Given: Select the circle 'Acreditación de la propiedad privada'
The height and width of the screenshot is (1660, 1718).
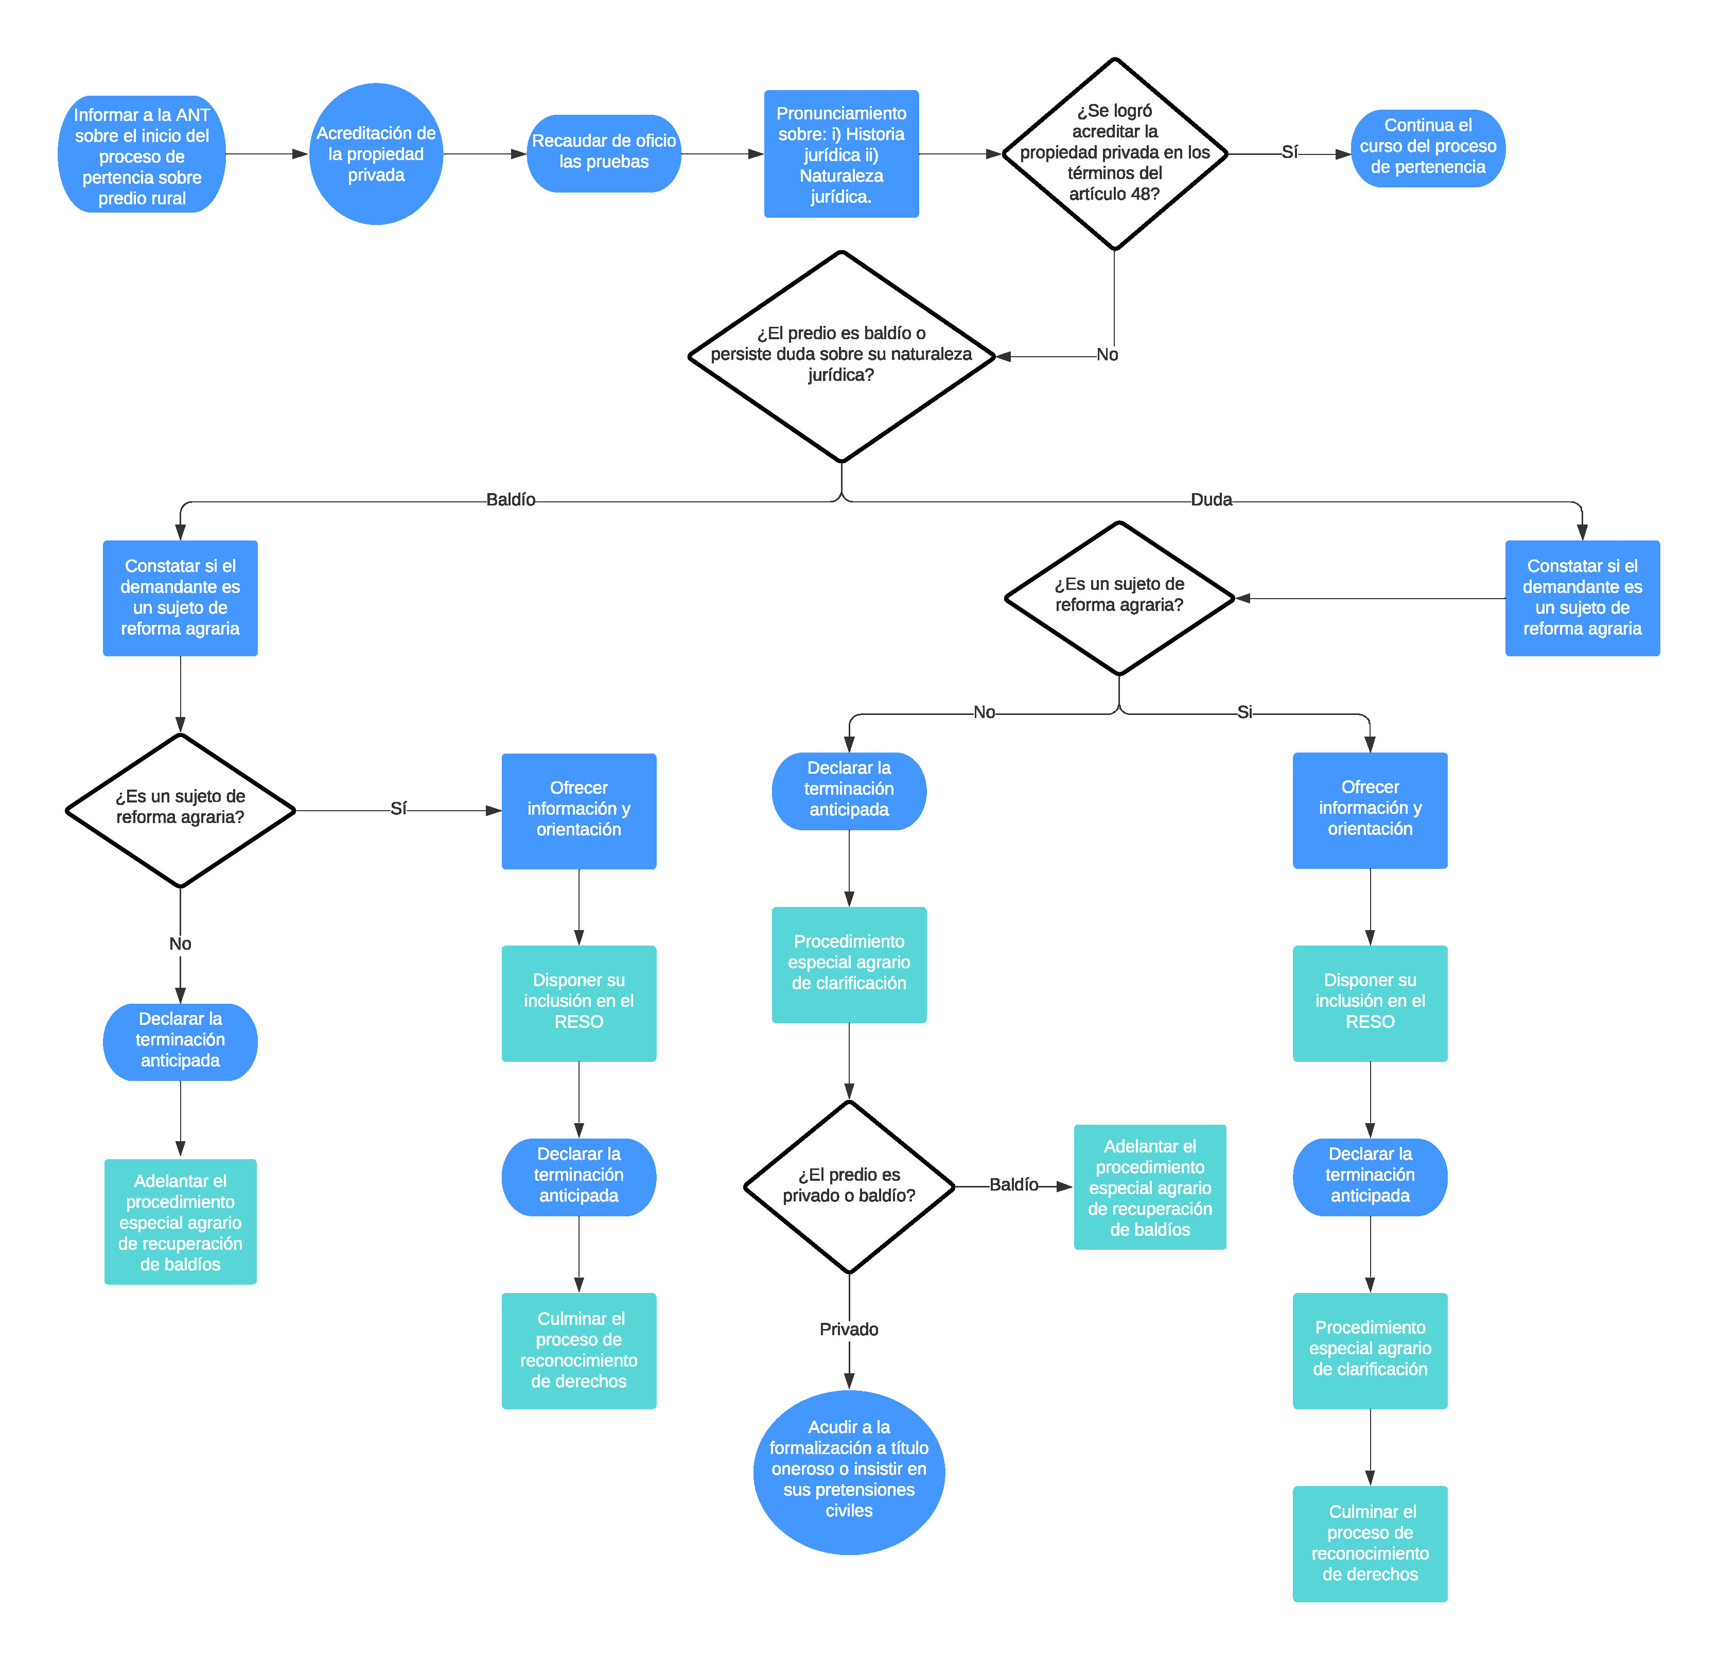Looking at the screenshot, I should [376, 154].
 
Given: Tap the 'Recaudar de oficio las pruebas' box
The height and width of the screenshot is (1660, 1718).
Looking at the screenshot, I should [603, 153].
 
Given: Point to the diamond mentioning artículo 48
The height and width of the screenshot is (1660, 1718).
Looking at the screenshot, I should [1114, 154].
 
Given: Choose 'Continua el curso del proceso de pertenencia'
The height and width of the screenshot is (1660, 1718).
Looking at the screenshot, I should [1427, 147].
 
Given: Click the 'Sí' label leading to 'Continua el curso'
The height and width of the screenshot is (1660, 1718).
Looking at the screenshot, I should [1289, 152].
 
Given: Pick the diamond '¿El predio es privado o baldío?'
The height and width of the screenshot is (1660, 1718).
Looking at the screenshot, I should [849, 1186].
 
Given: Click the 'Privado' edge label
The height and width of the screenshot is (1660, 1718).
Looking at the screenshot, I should [849, 1329].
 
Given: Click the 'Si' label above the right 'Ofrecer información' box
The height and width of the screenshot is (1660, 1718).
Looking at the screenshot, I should [1244, 712].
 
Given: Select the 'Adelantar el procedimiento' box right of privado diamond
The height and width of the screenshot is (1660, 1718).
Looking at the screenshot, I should [1149, 1187].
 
